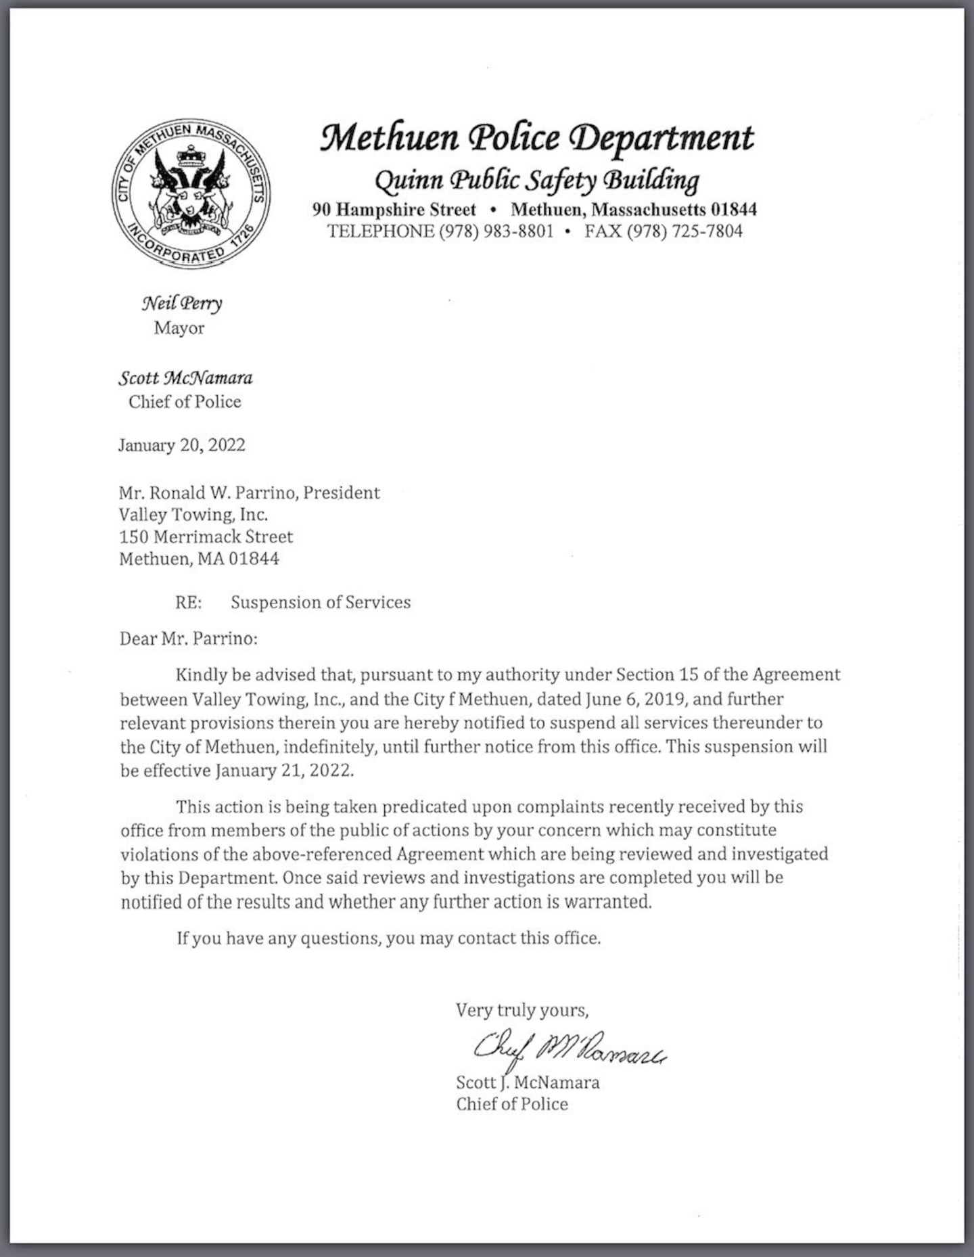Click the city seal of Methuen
tap(191, 193)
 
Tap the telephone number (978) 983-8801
tap(496, 231)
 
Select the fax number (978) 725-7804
tap(684, 231)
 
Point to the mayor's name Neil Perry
tap(181, 303)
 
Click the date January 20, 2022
tap(181, 444)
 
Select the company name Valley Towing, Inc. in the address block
tap(193, 514)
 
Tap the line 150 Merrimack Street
tap(206, 536)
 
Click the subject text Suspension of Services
tap(321, 602)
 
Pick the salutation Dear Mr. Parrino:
tap(188, 639)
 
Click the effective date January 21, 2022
tap(284, 771)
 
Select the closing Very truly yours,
tap(521, 1010)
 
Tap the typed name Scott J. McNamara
tap(528, 1082)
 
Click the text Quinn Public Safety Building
tap(536, 179)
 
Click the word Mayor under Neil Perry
tap(179, 328)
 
